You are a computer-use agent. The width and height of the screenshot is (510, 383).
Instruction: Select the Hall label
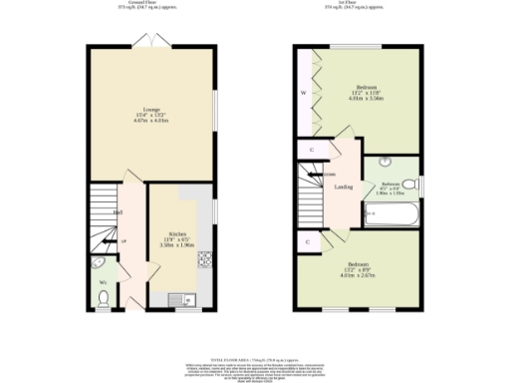tap(118, 212)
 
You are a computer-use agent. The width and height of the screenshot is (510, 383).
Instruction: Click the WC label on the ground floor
tap(103, 282)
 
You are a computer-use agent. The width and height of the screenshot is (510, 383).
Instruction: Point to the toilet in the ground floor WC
tap(104, 296)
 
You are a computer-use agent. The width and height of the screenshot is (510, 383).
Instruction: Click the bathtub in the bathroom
tap(382, 212)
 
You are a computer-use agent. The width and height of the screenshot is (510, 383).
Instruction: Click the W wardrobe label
tap(304, 95)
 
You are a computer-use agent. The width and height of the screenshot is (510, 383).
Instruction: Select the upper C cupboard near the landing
tap(312, 150)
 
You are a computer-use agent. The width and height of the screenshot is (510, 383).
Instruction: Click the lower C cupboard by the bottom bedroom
tap(308, 242)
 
